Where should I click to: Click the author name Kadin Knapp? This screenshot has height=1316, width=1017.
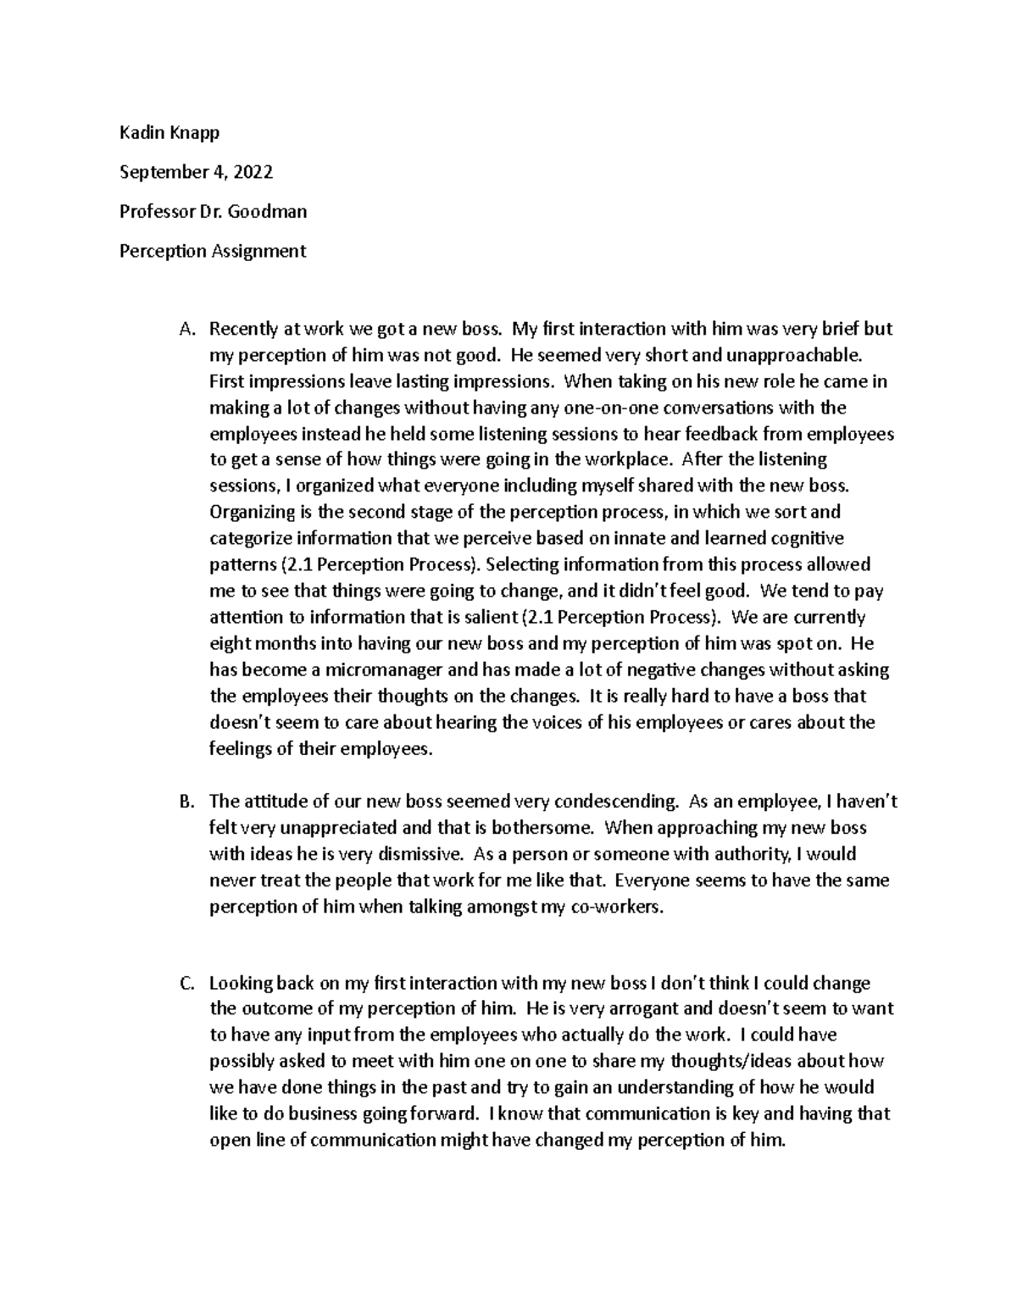pyautogui.click(x=170, y=132)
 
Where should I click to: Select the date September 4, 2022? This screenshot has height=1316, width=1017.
pyautogui.click(x=196, y=172)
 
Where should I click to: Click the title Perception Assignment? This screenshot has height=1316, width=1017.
pyautogui.click(x=213, y=251)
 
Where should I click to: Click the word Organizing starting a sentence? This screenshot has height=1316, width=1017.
pyautogui.click(x=250, y=512)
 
